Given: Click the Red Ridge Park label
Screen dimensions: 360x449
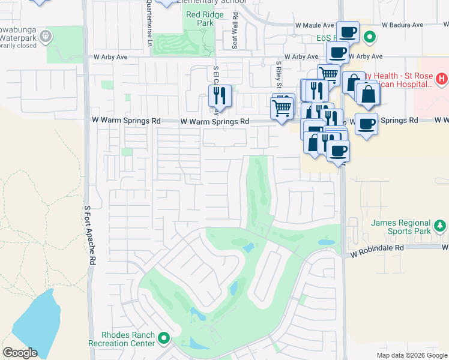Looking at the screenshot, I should tap(200, 19).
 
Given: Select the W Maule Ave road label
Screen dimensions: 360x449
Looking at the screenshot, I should tap(314, 26).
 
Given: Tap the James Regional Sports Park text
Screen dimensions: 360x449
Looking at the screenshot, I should tap(400, 227).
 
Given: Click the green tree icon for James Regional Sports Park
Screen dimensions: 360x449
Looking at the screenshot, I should tap(441, 226).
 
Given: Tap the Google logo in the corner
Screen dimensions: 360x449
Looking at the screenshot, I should tap(20, 353).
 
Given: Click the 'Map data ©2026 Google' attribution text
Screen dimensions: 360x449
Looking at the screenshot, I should tap(411, 355).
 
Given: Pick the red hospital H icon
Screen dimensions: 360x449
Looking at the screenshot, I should tap(441, 79).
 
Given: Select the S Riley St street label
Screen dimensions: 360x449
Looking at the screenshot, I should tap(279, 72).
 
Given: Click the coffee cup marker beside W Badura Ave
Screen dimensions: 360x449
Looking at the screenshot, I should tap(348, 31).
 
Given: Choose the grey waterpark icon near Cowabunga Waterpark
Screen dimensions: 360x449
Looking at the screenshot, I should tap(46, 37).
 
